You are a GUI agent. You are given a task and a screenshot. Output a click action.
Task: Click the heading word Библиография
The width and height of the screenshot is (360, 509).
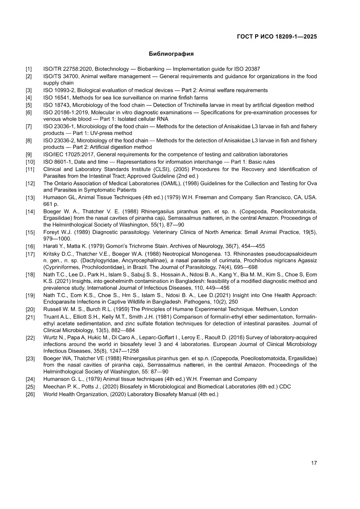(x=171, y=54)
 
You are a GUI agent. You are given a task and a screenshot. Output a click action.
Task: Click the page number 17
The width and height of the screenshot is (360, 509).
(x=313, y=462)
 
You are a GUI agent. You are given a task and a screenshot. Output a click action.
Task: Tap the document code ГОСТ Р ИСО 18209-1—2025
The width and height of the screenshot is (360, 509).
(x=276, y=37)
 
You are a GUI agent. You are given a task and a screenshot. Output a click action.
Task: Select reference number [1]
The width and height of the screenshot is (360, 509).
(x=29, y=69)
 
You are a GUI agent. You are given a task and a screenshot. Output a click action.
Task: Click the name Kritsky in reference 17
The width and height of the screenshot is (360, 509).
(x=52, y=253)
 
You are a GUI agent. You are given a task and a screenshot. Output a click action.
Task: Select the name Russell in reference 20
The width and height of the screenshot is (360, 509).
(x=52, y=309)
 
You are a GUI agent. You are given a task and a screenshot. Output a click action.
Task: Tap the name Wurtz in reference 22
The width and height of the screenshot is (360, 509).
(x=50, y=337)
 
